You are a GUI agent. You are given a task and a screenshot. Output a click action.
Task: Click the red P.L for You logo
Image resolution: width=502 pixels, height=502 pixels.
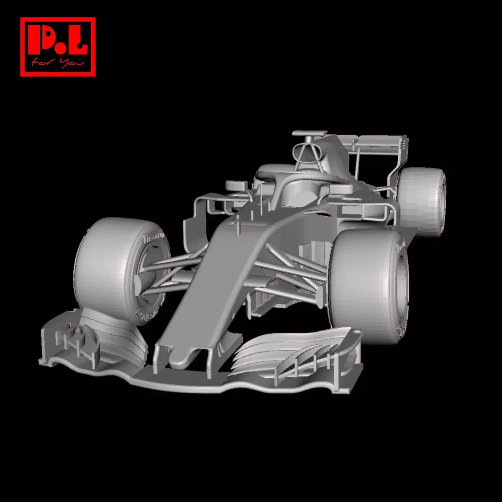(58, 47)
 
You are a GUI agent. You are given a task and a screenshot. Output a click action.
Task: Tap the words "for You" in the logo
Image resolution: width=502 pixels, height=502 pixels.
(58, 64)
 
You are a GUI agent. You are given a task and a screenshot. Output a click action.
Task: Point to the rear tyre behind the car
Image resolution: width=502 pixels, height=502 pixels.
(420, 201)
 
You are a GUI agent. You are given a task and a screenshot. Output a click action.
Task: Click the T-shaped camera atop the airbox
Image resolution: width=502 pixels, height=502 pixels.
(309, 133)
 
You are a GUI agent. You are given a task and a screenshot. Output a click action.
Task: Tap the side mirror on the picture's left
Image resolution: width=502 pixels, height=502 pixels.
(236, 185)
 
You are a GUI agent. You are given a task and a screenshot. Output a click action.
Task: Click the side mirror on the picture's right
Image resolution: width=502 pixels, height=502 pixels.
(341, 189)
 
